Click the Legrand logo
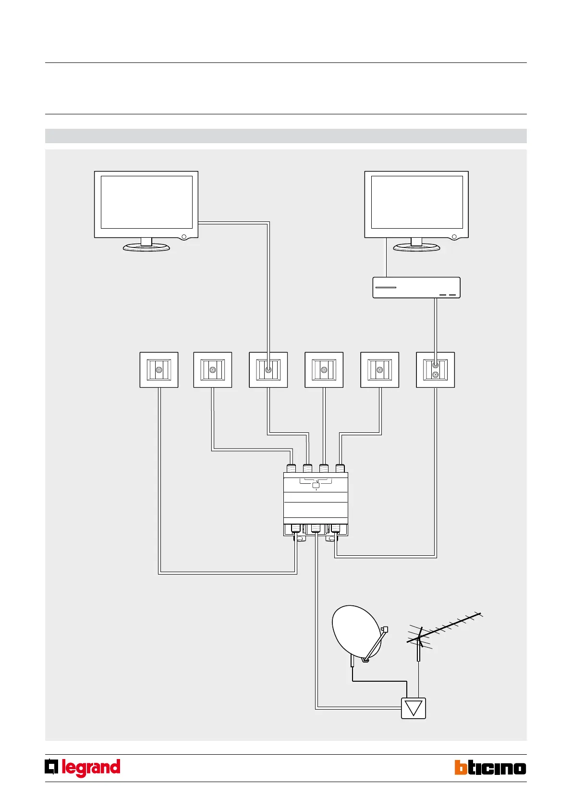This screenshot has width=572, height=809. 83,768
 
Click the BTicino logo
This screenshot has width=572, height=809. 490,768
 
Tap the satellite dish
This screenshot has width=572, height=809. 356,632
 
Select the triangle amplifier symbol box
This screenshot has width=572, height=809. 414,708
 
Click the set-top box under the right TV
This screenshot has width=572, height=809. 416,288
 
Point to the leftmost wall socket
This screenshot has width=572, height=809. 159,370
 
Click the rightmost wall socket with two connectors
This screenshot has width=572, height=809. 435,370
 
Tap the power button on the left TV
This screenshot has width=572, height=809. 183,237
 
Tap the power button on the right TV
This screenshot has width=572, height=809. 454,237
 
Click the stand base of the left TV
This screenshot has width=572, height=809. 146,247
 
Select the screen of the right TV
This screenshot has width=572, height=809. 417,202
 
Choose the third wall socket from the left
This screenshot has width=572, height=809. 268,370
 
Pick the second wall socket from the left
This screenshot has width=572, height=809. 213,370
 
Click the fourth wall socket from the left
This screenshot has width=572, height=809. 324,370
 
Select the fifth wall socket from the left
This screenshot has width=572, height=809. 379,370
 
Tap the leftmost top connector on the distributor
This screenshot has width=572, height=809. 291,468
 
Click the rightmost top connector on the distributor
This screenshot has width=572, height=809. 340,468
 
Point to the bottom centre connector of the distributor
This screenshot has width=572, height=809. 316,528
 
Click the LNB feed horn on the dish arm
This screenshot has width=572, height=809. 384,629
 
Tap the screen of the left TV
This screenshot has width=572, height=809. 146,202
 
